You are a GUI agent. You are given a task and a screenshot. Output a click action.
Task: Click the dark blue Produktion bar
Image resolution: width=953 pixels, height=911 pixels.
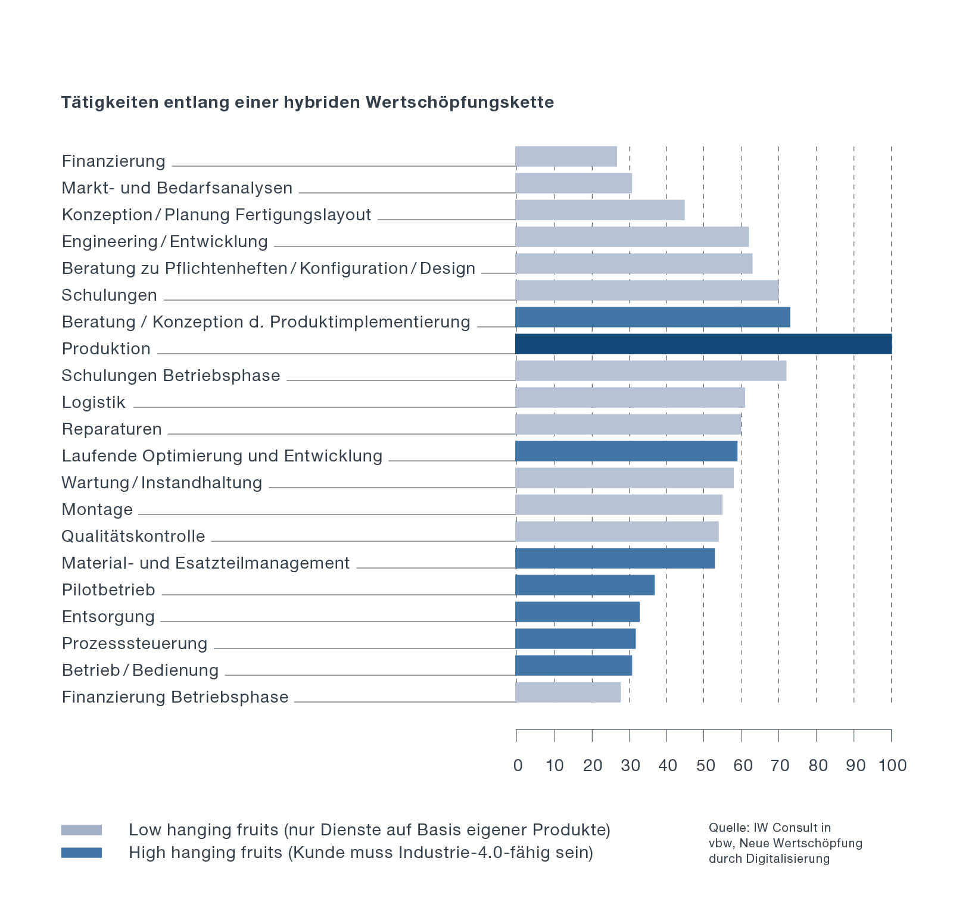[x=703, y=344]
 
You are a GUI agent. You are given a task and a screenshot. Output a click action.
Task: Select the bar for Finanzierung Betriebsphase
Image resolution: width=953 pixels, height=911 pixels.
[x=568, y=692]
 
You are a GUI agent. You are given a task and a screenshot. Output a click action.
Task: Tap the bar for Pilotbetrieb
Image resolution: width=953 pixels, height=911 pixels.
[x=584, y=585]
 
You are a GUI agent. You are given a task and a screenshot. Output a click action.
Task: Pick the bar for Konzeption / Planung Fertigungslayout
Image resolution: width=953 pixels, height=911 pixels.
[x=600, y=210]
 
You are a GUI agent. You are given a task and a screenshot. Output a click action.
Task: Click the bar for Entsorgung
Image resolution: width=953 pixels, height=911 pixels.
[x=577, y=612]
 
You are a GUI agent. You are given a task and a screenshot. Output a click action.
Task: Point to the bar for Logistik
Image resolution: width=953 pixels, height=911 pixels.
[x=630, y=398]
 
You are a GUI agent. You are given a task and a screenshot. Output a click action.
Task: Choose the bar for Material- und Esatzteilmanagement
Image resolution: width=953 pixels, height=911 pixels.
[x=615, y=559]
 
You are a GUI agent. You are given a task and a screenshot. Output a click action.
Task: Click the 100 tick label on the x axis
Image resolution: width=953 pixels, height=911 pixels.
[x=892, y=766]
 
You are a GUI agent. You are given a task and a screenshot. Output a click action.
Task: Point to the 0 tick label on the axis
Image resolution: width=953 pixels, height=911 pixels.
[x=518, y=766]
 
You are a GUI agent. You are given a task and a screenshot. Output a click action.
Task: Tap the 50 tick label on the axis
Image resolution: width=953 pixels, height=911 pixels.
[x=705, y=766]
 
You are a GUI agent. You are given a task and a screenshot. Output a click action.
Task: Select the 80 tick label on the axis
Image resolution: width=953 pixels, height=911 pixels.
[x=818, y=766]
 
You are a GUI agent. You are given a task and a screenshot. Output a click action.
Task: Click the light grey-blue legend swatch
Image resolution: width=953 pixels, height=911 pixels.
[x=82, y=830]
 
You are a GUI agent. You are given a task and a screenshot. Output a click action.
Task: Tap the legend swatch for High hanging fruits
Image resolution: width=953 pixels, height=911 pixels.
[x=82, y=853]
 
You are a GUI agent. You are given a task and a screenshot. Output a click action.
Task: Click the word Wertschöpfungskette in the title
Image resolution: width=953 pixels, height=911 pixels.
[x=460, y=102]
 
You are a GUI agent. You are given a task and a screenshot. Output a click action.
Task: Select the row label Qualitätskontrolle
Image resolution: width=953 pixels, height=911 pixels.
[x=133, y=536]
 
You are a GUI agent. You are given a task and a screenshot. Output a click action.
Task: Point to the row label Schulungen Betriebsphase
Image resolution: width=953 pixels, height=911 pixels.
[x=171, y=376]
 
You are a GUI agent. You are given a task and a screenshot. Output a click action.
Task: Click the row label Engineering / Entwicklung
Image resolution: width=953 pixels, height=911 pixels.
[x=165, y=242]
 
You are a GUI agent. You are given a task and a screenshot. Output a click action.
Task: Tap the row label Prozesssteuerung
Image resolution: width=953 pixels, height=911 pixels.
[x=135, y=644]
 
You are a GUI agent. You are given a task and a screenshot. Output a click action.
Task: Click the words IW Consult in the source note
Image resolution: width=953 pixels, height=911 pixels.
[x=792, y=828]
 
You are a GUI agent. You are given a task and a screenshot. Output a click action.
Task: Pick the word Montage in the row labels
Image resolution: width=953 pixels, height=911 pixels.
[x=97, y=510]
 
